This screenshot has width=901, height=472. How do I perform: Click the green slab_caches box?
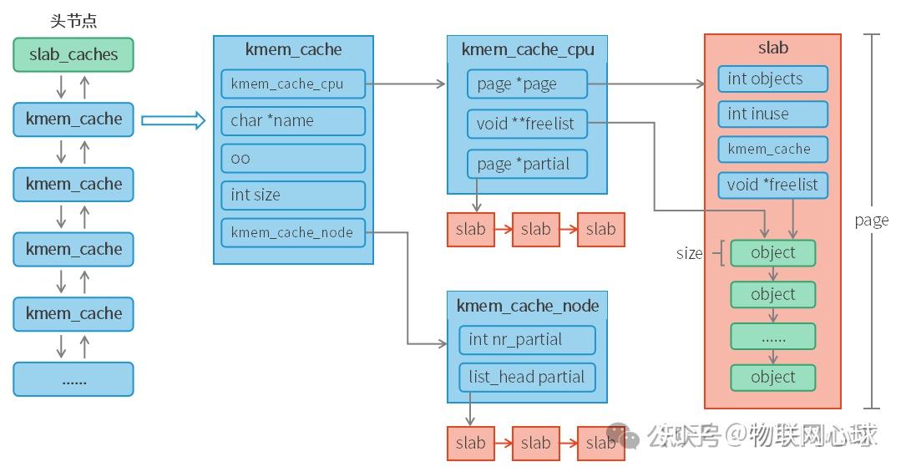coord(73,55)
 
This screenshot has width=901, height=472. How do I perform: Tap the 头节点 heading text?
coord(73,21)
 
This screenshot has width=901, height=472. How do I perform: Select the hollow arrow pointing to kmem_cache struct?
coord(173,121)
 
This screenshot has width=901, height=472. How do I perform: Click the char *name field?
coord(292,121)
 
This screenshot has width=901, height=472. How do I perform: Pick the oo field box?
coord(292,158)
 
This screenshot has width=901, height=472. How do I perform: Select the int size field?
coord(292,195)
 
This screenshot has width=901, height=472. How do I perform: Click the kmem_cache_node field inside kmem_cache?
coord(292,233)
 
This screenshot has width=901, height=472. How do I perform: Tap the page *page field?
coord(527,84)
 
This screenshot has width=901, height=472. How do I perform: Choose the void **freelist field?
coord(527,124)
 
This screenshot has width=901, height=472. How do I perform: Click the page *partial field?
coord(527,164)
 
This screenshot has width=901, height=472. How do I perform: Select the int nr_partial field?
coord(527,340)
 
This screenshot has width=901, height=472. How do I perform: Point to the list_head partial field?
coord(527,377)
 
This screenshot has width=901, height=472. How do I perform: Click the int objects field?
coord(772,79)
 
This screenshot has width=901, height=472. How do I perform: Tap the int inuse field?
coord(772,114)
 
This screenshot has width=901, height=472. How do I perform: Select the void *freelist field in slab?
coord(772,185)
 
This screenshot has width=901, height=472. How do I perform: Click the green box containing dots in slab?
coord(772,337)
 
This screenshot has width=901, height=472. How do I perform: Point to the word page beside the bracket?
coord(871,221)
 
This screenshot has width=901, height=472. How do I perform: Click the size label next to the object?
coord(689,253)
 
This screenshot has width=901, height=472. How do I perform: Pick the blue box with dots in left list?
coord(73,379)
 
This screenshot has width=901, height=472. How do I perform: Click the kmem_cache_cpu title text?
coord(528,50)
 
